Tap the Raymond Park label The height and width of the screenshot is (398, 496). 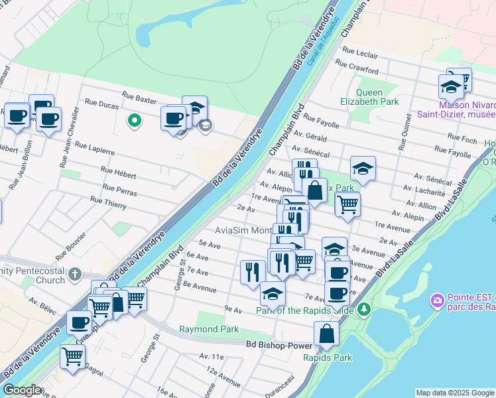209,329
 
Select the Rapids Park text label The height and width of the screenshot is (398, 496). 328,358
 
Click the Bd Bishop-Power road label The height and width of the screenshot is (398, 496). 279,345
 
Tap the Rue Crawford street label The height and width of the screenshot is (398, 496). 357,65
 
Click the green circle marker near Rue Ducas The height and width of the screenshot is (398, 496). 134,121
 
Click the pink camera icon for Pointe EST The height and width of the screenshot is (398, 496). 437,301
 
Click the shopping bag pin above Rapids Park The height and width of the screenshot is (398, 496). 326,334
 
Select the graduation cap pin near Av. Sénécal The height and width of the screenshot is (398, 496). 363,169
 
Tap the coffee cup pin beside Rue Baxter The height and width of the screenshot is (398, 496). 174,119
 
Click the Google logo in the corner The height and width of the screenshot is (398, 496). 23,390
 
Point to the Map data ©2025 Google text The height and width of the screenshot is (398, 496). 454,393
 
